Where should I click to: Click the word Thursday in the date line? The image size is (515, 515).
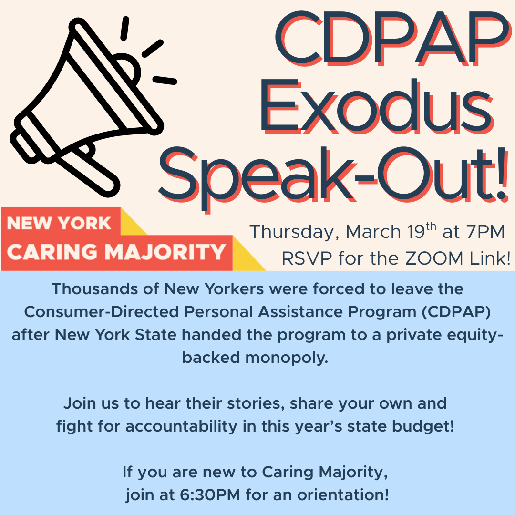(295, 232)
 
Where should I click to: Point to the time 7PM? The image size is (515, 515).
(484, 232)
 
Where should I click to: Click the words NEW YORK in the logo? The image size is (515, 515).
(59, 223)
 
